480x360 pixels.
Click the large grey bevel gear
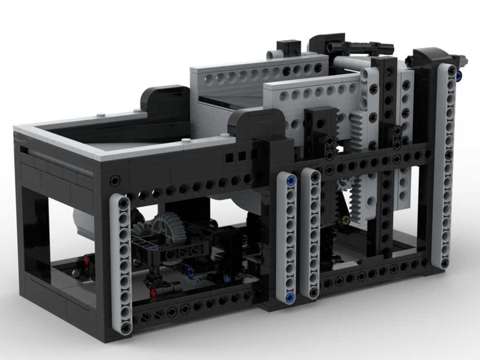pos(169,226)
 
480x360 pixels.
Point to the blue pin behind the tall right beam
pos(459,75)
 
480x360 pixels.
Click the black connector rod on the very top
pos(367,48)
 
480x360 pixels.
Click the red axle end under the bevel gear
pos(154,291)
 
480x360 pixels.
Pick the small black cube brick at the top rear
pos(289,48)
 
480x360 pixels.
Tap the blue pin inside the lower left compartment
pos(191,272)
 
